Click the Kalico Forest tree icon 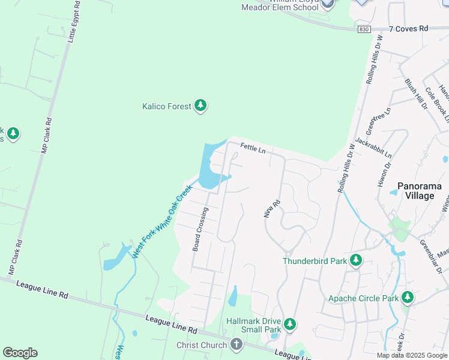click(x=200, y=106)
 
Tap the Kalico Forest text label click(x=166, y=107)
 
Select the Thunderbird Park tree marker click(x=356, y=260)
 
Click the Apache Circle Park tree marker click(x=408, y=297)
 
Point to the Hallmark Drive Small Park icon click(x=290, y=325)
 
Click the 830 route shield click(x=364, y=29)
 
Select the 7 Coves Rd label click(x=408, y=28)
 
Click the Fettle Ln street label click(x=253, y=147)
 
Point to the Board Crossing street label click(x=200, y=229)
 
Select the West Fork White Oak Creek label click(x=162, y=221)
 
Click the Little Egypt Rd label click(x=73, y=22)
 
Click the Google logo click(x=20, y=353)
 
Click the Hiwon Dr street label click(x=384, y=173)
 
